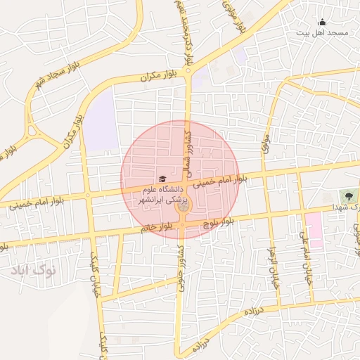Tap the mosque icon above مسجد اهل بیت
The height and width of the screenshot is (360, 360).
click(x=322, y=22)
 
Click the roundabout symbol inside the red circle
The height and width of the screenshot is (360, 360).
click(x=183, y=207)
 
